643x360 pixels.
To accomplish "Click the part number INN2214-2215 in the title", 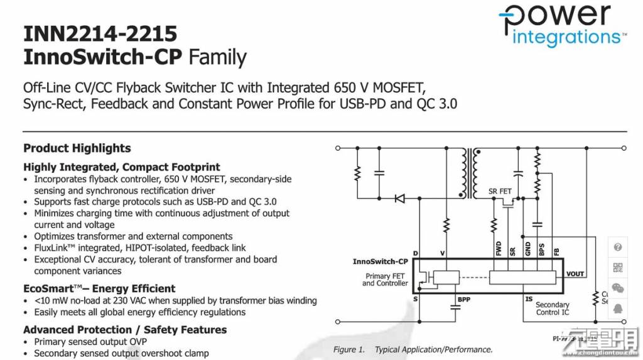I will (100, 33).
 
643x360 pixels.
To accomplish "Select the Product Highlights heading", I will (77, 148).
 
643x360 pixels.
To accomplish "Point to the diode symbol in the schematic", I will (399, 199).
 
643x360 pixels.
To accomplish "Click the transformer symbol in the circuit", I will (470, 172).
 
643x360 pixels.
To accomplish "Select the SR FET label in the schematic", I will (500, 191).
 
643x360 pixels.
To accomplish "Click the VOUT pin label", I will (575, 274).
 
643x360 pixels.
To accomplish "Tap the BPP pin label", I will (464, 300).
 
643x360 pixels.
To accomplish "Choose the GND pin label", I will (527, 249).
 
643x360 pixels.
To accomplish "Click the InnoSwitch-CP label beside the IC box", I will (381, 261).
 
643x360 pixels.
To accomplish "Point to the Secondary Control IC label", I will (552, 308).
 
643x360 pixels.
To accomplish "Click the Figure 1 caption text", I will (413, 350).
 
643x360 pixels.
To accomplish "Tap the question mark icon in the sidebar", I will (618, 247).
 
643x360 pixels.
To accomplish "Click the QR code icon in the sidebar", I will (618, 267).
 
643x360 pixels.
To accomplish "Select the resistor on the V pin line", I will (446, 224).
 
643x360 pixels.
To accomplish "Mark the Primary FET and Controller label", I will (386, 280).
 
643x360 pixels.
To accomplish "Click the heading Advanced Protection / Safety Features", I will (125, 330).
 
